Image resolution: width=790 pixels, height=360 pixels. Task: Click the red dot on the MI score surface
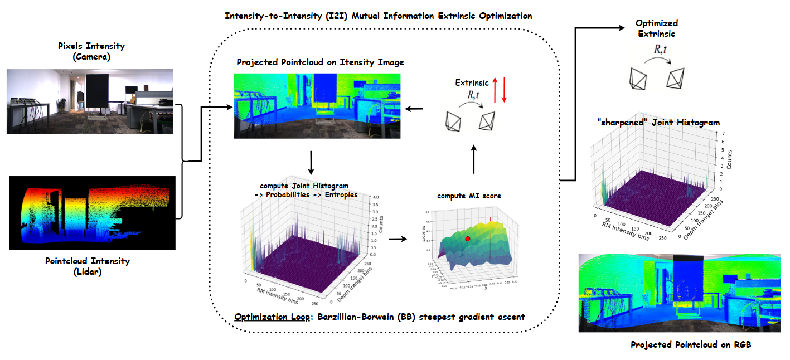tap(468, 239)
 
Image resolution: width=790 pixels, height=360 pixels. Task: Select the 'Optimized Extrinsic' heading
tap(656, 28)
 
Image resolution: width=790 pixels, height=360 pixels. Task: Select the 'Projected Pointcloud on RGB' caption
tap(691, 344)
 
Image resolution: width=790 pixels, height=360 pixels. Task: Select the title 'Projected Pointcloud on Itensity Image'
tap(320, 62)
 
